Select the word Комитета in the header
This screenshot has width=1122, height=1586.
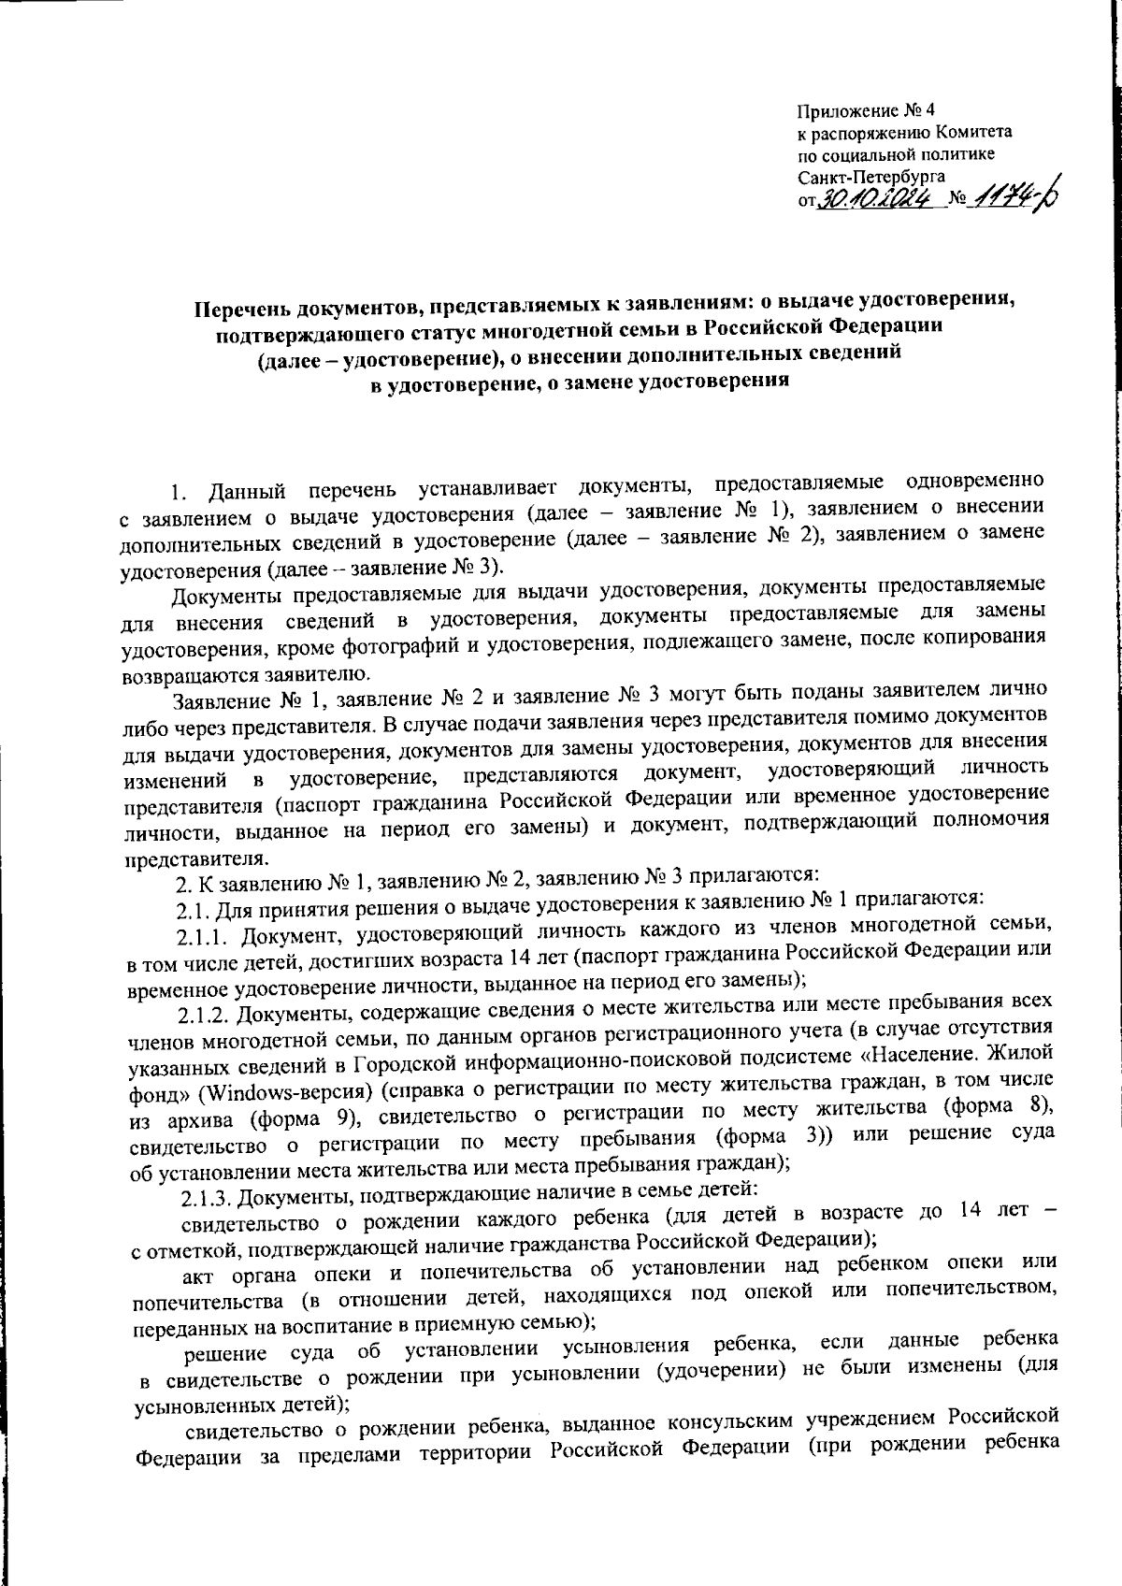(x=973, y=134)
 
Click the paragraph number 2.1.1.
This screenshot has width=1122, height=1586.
(x=213, y=936)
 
